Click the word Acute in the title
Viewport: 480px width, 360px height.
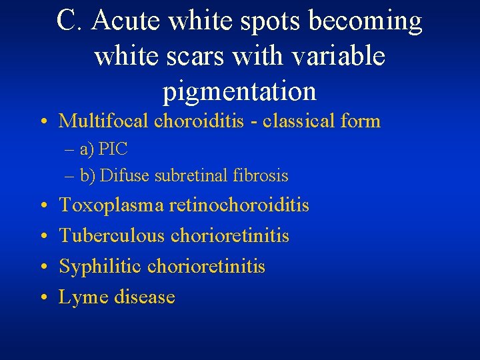coord(127,21)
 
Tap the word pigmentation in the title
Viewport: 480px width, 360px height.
coord(239,91)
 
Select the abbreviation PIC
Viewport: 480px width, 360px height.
coord(113,149)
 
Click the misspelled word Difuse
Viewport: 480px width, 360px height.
coord(125,176)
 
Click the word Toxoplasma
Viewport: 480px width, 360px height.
coord(110,205)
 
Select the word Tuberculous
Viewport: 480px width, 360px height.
coord(113,236)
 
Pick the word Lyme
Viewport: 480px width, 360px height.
coord(83,297)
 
